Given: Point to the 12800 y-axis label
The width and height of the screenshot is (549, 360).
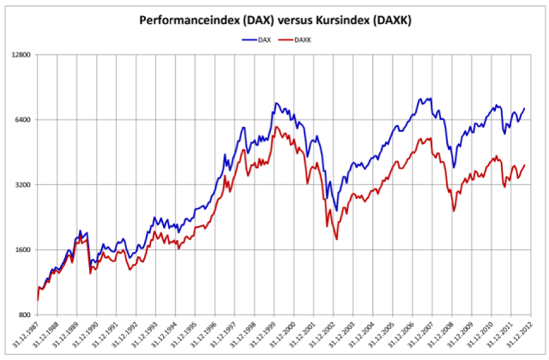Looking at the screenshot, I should pos(20,55).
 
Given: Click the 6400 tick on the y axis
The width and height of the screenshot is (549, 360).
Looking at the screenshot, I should pos(21,120).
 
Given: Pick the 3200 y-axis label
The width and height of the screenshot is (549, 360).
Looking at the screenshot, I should pos(21,185).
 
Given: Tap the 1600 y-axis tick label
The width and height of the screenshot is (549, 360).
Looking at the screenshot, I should pos(21,250).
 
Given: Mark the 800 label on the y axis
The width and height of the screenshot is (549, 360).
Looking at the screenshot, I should pos(24,315).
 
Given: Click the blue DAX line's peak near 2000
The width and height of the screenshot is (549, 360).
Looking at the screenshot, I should pos(276,103).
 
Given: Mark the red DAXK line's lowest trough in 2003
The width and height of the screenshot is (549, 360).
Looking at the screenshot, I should pos(336,237).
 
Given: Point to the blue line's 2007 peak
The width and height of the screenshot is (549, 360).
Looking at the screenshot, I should pos(426,98).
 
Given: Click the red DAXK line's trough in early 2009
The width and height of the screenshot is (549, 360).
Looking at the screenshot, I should pos(454,210).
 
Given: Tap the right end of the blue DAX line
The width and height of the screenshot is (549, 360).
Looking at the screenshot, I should pos(524,108).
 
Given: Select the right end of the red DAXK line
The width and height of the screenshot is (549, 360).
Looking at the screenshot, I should pos(524,165).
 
